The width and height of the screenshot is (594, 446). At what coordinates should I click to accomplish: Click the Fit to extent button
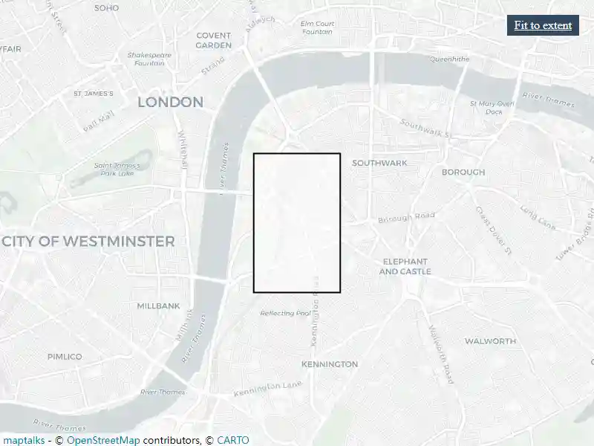coord(543,25)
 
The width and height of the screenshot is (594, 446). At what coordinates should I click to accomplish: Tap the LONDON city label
coord(170,102)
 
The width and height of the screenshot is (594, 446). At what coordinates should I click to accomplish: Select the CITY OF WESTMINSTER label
coord(88,242)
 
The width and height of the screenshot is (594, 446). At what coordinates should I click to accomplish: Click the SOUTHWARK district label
coord(379,163)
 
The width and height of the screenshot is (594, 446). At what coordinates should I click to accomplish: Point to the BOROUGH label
coord(463,172)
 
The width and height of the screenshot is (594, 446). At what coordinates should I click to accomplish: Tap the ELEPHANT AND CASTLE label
coord(405,266)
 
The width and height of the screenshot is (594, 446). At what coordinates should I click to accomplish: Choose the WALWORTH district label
coord(490,341)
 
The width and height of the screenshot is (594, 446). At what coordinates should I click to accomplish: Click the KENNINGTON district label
coord(330,364)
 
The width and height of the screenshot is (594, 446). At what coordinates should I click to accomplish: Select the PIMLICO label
coord(65,357)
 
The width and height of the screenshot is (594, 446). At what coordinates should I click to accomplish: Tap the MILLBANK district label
coord(158,306)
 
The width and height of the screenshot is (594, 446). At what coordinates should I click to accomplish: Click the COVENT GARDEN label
coord(214,40)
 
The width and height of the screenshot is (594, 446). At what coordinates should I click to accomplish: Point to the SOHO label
coord(107,7)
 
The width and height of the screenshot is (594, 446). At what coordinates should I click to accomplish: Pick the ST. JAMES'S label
coord(94,94)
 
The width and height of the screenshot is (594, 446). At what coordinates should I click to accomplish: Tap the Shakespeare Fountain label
coord(149,59)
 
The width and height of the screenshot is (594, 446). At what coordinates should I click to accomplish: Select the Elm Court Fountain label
coord(317,28)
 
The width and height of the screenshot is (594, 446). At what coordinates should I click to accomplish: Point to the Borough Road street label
coord(406,217)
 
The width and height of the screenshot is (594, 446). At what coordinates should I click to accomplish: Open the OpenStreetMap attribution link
coord(103,440)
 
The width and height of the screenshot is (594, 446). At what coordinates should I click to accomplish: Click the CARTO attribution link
coord(233,440)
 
